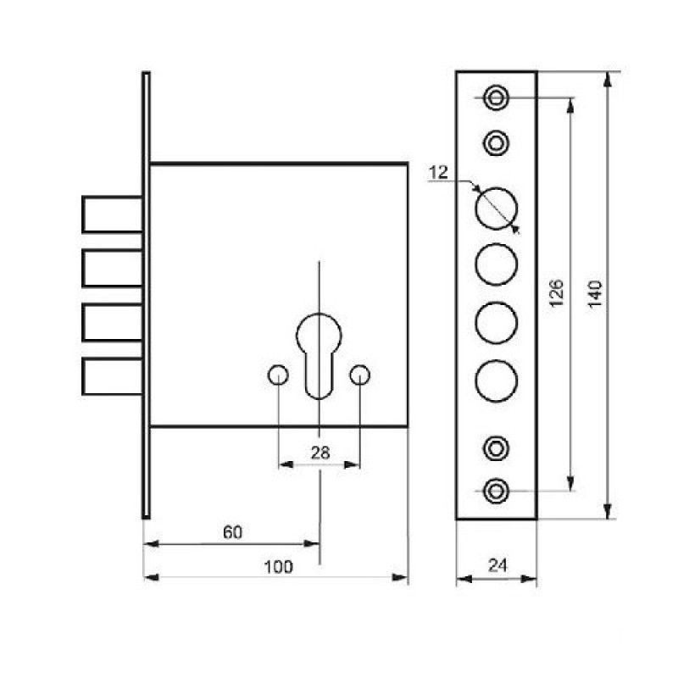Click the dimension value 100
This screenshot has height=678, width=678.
[x=278, y=566]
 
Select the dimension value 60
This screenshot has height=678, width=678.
[x=232, y=532]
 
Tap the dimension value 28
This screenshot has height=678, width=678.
[x=320, y=453]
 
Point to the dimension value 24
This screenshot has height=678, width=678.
[x=497, y=565]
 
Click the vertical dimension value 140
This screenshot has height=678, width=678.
[x=596, y=294]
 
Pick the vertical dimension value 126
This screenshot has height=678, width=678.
[x=557, y=293]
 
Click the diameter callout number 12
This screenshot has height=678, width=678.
[x=438, y=173]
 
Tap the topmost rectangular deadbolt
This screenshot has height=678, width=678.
[x=113, y=214]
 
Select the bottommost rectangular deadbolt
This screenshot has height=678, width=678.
[x=113, y=376]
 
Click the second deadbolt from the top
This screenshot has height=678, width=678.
[x=113, y=268]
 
